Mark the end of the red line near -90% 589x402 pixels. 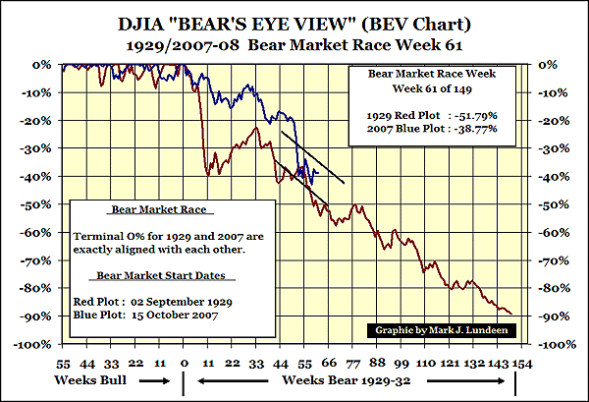coord(511,314)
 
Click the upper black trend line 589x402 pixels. coord(312,157)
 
